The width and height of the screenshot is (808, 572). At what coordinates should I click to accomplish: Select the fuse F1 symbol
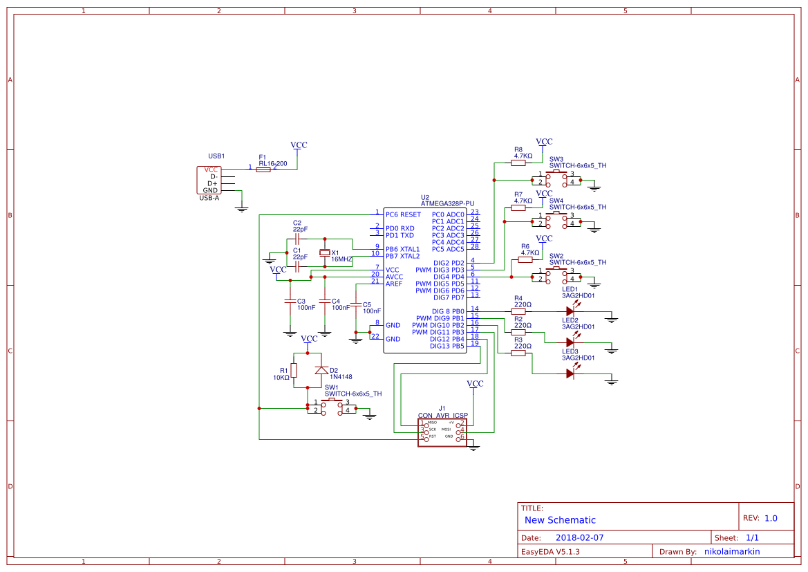point(263,169)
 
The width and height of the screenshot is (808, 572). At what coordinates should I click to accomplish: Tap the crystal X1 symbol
point(325,252)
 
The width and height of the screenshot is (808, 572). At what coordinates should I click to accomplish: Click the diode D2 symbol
point(320,370)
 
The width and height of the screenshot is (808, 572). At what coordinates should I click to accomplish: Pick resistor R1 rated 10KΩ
point(294,370)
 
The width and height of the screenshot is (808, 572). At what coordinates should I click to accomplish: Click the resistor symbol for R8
point(518,163)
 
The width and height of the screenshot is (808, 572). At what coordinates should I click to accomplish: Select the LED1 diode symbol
point(570,311)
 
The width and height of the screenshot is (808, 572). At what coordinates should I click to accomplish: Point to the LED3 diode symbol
point(570,373)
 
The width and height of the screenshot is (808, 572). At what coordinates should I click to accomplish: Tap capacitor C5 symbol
point(356,304)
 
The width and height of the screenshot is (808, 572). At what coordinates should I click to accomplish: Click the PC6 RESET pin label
point(403,214)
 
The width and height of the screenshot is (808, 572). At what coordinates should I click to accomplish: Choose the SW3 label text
point(556,159)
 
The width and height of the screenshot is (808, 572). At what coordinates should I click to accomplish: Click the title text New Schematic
point(560,520)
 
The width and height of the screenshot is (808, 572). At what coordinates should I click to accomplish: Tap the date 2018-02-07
point(579,537)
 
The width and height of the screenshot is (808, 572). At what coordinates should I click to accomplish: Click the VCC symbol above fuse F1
point(299,146)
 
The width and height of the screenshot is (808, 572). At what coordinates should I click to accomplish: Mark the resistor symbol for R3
point(518,353)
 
